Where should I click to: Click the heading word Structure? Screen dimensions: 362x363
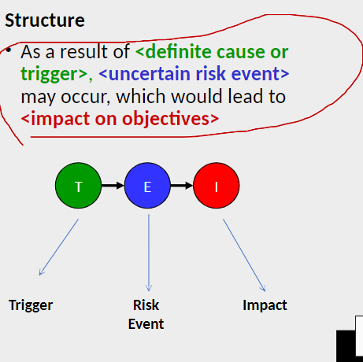tap(45, 20)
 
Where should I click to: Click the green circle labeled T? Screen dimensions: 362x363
tap(78, 187)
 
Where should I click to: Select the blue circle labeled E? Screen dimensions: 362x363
tap(147, 187)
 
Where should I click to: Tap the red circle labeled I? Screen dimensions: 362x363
tap(216, 187)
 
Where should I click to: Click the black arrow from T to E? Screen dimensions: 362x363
tap(113, 187)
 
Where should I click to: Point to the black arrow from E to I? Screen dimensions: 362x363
tap(181, 187)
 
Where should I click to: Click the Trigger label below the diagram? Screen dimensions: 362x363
tap(31, 305)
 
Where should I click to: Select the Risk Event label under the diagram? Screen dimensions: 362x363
tap(146, 314)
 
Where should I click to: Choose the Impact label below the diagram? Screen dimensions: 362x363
tap(265, 305)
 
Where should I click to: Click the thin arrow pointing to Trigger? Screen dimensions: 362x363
tap(59, 247)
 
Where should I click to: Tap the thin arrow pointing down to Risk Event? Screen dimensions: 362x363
tap(148, 252)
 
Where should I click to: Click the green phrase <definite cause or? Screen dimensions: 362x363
tap(211, 52)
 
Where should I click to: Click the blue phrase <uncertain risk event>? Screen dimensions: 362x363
tap(194, 75)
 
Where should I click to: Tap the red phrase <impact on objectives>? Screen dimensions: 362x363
tap(120, 119)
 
